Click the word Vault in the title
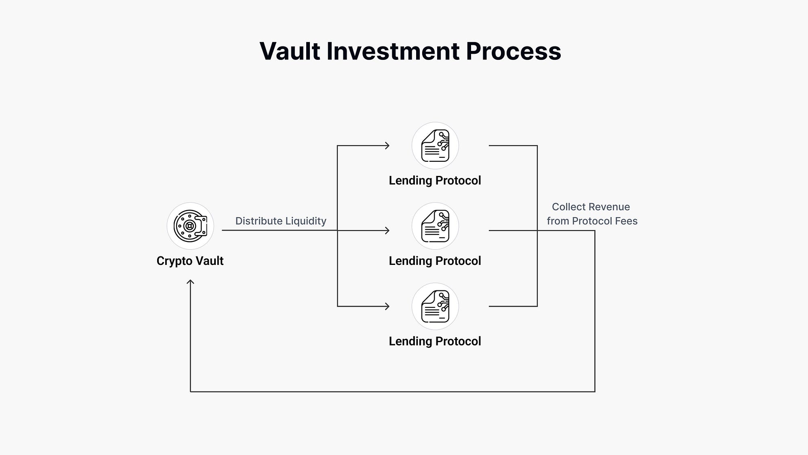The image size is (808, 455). click(x=290, y=51)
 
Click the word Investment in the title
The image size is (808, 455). click(x=393, y=51)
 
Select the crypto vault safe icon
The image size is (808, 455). click(x=190, y=226)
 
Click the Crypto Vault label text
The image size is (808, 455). click(x=190, y=261)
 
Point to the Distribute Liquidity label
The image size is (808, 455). click(x=281, y=221)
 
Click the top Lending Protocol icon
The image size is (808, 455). click(x=435, y=146)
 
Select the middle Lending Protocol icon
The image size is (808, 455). click(x=435, y=226)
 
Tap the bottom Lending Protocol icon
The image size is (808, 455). click(x=435, y=306)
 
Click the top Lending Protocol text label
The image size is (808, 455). click(x=435, y=180)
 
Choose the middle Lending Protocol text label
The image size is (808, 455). click(x=435, y=261)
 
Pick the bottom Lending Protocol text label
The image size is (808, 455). click(x=435, y=341)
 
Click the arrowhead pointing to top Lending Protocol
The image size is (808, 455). click(x=387, y=146)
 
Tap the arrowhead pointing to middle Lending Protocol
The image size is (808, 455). click(x=387, y=231)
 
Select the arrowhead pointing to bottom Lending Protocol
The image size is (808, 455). click(x=387, y=306)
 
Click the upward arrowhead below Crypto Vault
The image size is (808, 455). click(x=190, y=282)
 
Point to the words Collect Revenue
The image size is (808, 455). click(x=591, y=207)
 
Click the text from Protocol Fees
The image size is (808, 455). click(x=592, y=221)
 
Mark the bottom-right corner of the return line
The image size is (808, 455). click(x=595, y=392)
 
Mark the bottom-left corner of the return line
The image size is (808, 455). click(x=190, y=392)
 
